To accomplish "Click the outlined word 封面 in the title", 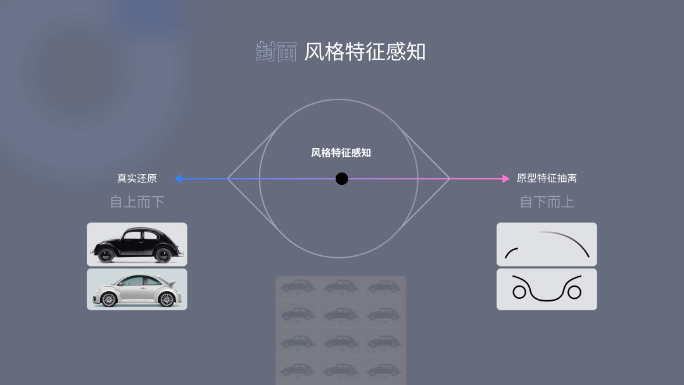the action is coord(276,52).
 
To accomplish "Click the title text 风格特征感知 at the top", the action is coord(364,52).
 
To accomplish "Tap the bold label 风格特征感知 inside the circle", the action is coord(341,153).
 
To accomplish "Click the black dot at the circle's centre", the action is coord(341,179).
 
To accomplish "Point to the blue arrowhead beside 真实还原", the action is coord(178,179).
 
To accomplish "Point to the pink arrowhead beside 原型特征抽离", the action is coord(505,179).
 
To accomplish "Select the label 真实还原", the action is coord(137,179).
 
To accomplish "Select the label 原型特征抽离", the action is coord(547,179).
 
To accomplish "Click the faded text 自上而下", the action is coord(137,202).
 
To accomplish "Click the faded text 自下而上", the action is coord(547,202).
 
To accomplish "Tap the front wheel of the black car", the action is coord(106,255).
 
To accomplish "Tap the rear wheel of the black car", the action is coord(163,255).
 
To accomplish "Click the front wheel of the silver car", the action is coord(107,299).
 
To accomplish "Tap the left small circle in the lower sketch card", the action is coord(519,292).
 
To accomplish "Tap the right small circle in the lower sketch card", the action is coord(574,292).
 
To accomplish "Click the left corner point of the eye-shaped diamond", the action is coord(228,179).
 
